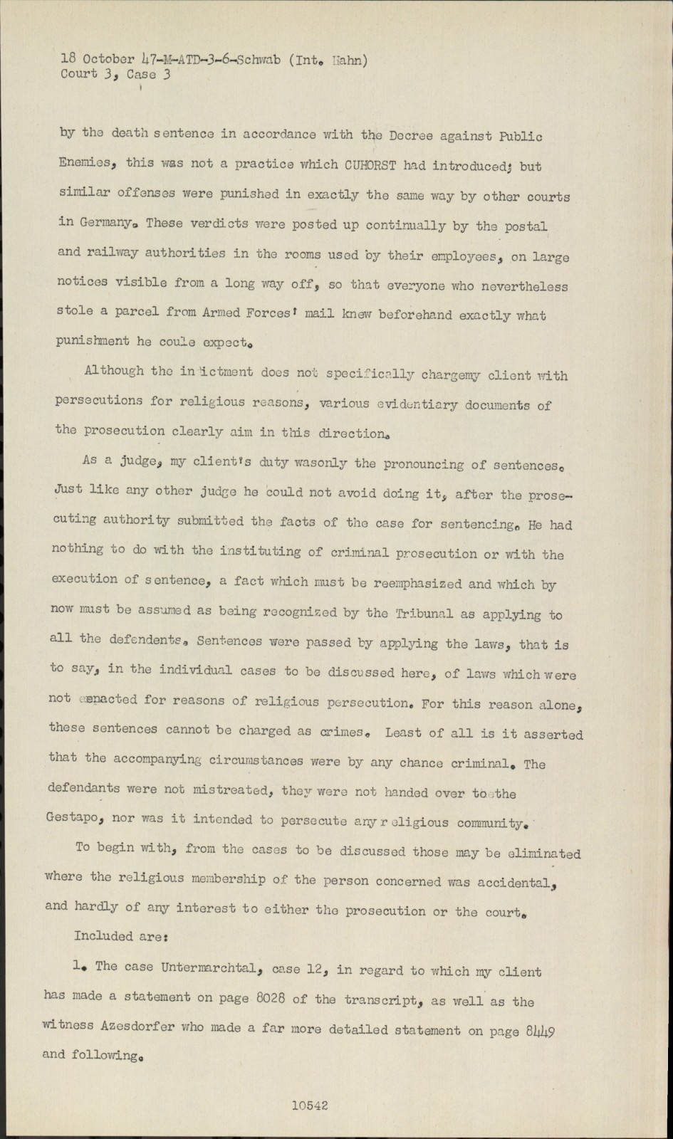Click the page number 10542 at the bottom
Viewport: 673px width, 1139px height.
[x=309, y=1106]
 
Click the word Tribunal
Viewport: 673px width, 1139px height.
[x=419, y=614]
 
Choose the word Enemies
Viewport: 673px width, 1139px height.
[x=84, y=162]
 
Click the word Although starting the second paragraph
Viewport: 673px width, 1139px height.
[x=113, y=371]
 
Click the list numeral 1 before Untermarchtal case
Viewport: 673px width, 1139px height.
[x=76, y=966]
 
